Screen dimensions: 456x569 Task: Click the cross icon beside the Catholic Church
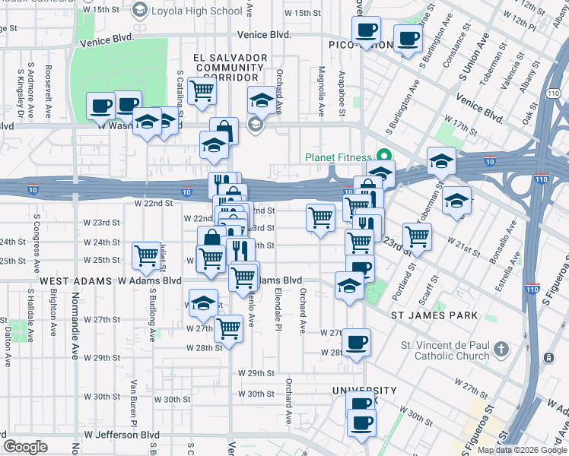501,350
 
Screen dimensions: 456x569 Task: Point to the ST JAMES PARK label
434,315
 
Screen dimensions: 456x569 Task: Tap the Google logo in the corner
25,446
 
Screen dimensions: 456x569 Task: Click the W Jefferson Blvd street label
116,435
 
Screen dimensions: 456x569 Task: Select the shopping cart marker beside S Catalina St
202,90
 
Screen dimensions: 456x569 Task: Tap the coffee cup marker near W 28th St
356,341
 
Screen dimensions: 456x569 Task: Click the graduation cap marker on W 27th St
203,302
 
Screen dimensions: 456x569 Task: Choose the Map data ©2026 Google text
521,448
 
